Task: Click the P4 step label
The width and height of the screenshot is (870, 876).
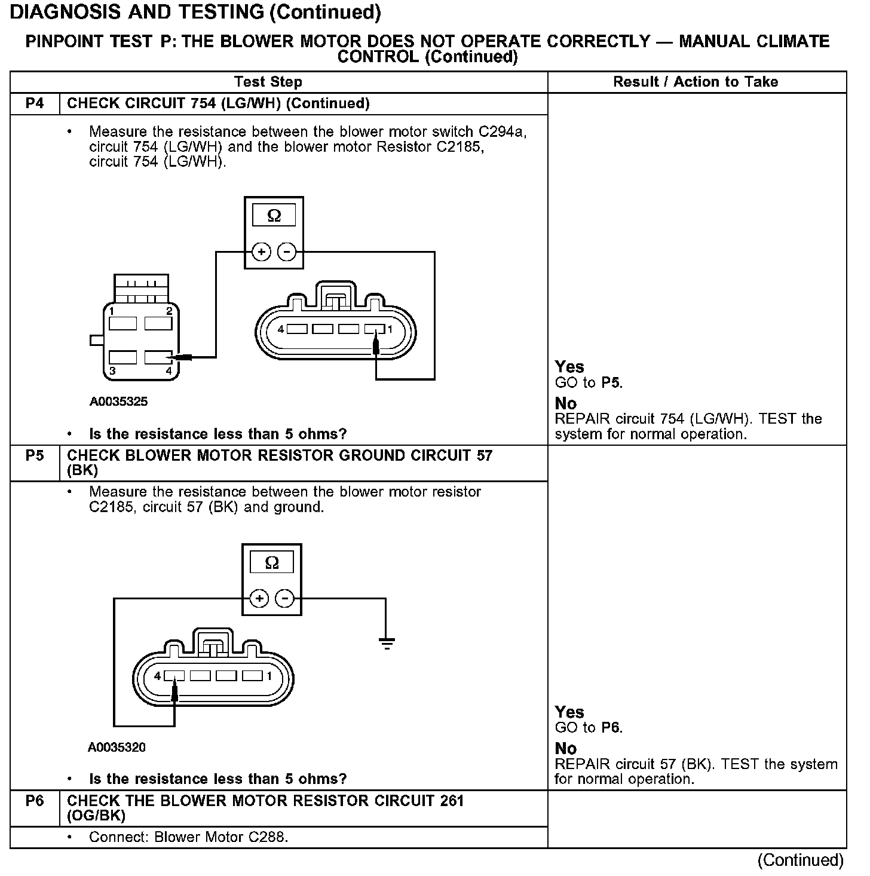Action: click(35, 103)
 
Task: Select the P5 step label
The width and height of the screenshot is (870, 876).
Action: click(35, 456)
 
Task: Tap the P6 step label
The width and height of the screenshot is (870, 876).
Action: click(35, 801)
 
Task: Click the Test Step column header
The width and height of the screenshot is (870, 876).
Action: click(268, 82)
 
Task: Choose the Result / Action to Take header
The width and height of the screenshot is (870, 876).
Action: click(696, 82)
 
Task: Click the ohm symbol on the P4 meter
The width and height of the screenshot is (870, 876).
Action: click(274, 216)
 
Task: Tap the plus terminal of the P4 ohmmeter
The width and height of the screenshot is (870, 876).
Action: click(261, 252)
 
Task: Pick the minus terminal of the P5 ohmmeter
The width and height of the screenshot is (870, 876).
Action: click(285, 598)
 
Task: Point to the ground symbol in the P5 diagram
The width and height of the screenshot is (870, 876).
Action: click(387, 644)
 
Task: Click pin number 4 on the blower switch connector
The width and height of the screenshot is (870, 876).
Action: click(169, 370)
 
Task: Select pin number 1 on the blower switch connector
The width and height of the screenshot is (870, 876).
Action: click(112, 311)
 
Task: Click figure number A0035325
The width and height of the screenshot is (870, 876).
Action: click(118, 402)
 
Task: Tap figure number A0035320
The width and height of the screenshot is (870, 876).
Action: click(117, 747)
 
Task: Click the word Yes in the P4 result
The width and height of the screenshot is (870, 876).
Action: click(569, 367)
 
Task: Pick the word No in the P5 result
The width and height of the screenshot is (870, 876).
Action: click(566, 748)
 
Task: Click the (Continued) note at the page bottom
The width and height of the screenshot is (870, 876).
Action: click(800, 860)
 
